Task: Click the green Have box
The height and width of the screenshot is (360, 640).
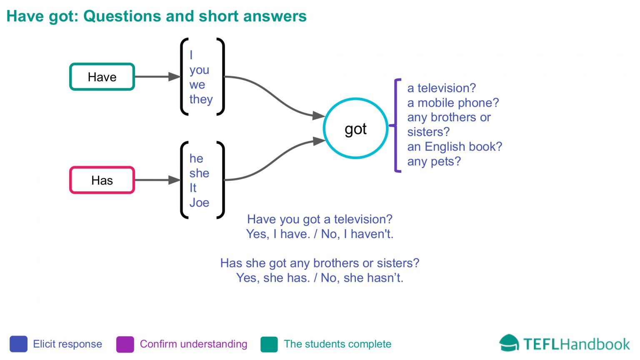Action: pyautogui.click(x=102, y=77)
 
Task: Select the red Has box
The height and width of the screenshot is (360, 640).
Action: pyautogui.click(x=102, y=180)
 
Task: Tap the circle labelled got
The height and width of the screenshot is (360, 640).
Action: pyautogui.click(x=355, y=128)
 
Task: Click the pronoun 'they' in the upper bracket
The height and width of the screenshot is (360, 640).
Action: pyautogui.click(x=201, y=99)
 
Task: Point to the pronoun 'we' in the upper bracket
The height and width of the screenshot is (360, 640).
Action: pyautogui.click(x=197, y=85)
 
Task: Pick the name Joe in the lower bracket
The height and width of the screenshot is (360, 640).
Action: pyautogui.click(x=199, y=202)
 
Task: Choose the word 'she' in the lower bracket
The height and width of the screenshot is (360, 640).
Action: pyautogui.click(x=199, y=173)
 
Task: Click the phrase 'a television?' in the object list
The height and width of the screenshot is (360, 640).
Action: pyautogui.click(x=441, y=88)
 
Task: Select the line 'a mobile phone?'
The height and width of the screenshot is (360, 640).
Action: pyautogui.click(x=453, y=102)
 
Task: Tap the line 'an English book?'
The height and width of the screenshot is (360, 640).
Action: pyautogui.click(x=455, y=147)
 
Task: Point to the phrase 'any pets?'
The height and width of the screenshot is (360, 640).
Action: pyautogui.click(x=434, y=161)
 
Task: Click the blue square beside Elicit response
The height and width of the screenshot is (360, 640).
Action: pyautogui.click(x=18, y=344)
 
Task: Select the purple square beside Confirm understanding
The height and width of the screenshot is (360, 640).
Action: pyautogui.click(x=125, y=344)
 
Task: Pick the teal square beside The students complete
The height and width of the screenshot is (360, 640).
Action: pyautogui.click(x=269, y=344)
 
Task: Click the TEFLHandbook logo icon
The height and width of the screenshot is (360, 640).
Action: pyautogui.click(x=509, y=343)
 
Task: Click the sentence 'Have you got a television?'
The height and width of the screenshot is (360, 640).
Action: pyautogui.click(x=320, y=219)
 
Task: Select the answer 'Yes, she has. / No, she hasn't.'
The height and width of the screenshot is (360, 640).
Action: pyautogui.click(x=320, y=277)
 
